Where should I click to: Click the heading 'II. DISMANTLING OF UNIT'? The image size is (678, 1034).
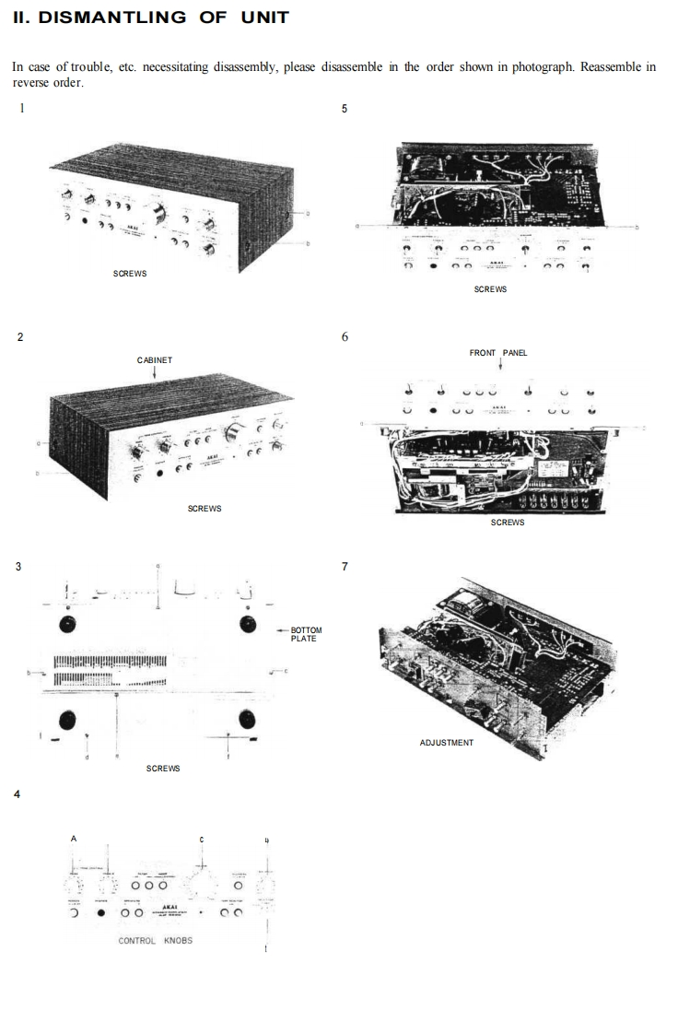pyautogui.click(x=151, y=17)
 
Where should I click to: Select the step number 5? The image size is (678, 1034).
pyautogui.click(x=345, y=109)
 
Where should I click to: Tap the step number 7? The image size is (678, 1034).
pyautogui.click(x=345, y=566)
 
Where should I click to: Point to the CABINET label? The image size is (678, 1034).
pyautogui.click(x=155, y=359)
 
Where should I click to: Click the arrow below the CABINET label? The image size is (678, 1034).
pyautogui.click(x=155, y=373)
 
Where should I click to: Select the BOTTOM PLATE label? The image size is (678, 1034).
pyautogui.click(x=305, y=634)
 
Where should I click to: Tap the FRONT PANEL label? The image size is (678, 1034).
pyautogui.click(x=498, y=353)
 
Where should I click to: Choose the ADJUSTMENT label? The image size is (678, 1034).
pyautogui.click(x=447, y=742)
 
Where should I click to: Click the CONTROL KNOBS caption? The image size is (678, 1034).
pyautogui.click(x=156, y=941)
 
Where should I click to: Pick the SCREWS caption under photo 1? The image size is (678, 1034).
pyautogui.click(x=130, y=274)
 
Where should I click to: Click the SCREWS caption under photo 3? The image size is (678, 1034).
pyautogui.click(x=163, y=768)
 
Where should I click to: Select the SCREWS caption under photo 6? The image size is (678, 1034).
pyautogui.click(x=508, y=523)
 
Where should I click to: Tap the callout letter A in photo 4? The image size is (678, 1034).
pyautogui.click(x=74, y=839)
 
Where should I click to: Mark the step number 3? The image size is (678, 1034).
pyautogui.click(x=18, y=566)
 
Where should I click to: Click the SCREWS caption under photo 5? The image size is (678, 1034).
pyautogui.click(x=490, y=289)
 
